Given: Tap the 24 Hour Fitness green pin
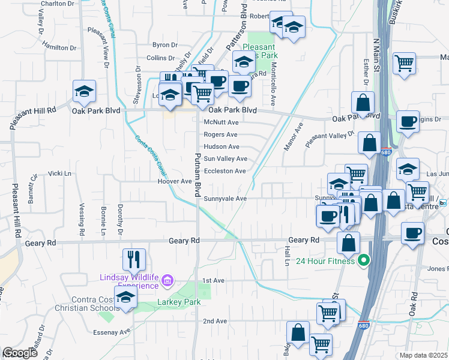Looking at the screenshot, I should point(363,260).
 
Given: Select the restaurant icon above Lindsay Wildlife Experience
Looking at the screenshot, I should point(134,259).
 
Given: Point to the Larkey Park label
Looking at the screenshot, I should point(179,302).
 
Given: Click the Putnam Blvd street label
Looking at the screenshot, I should point(197,175).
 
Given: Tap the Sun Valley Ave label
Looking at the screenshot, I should point(225,159).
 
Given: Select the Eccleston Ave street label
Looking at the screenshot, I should point(224,171).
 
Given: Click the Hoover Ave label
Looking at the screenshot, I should point(174,181).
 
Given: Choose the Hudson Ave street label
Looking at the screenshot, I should point(221,146).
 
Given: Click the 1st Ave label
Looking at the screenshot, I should point(212,280).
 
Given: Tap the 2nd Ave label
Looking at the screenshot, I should point(214,321).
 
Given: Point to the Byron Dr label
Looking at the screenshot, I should point(165,45).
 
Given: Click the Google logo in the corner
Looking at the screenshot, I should point(20,353).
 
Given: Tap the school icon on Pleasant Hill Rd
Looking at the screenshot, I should point(85,92).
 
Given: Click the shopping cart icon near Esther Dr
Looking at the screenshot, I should point(405,63).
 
